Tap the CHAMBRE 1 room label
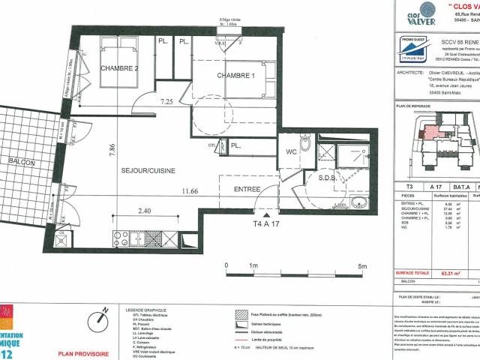236,76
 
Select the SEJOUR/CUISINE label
148,171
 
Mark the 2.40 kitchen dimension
145,211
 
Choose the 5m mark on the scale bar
362,266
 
